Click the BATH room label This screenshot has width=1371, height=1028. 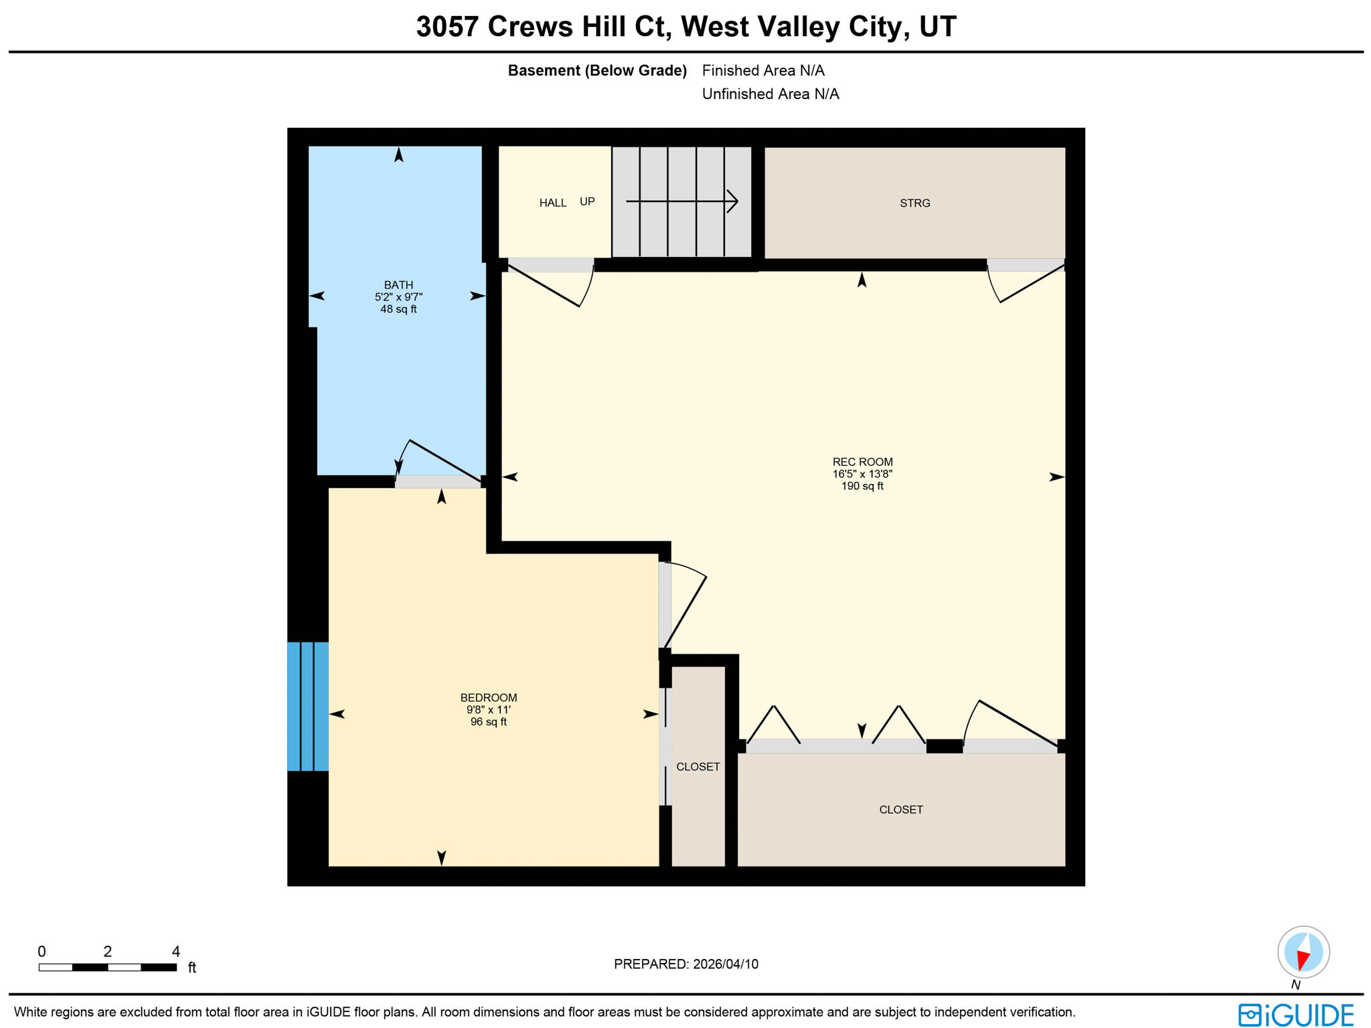click(x=398, y=285)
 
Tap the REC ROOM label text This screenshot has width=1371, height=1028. click(x=862, y=462)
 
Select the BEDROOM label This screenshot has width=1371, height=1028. click(x=488, y=697)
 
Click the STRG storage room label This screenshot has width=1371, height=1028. click(x=914, y=203)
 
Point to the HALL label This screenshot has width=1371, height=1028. click(x=553, y=203)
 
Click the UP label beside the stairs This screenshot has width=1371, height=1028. click(x=587, y=201)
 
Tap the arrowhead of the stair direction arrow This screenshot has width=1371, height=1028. click(x=734, y=201)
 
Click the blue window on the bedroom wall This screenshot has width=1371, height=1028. click(x=308, y=706)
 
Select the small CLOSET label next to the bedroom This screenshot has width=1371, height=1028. click(x=698, y=767)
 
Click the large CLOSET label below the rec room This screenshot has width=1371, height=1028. click(x=900, y=810)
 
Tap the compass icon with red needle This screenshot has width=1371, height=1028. click(x=1303, y=952)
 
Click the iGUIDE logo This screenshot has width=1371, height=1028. click(x=1296, y=1015)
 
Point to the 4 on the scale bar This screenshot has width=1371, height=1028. click(x=176, y=952)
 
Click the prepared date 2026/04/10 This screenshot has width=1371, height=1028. click(x=726, y=964)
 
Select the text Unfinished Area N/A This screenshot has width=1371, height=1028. click(x=770, y=94)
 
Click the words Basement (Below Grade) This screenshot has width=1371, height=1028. click(x=597, y=71)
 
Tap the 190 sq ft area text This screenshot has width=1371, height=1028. click(x=862, y=487)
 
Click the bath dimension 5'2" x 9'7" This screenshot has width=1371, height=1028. click(x=398, y=297)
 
